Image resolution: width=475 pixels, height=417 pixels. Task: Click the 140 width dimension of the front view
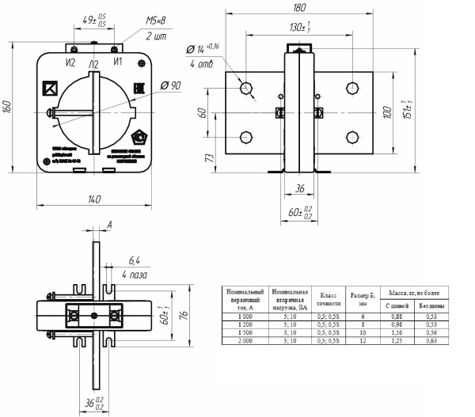point(95,199)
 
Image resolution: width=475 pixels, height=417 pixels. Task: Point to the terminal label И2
point(70,61)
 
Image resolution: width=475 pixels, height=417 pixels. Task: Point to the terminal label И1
point(118,61)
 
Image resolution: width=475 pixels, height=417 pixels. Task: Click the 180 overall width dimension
point(298,9)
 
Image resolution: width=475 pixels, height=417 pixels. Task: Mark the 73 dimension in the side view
point(211,157)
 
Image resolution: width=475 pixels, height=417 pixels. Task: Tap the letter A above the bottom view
point(108,225)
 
